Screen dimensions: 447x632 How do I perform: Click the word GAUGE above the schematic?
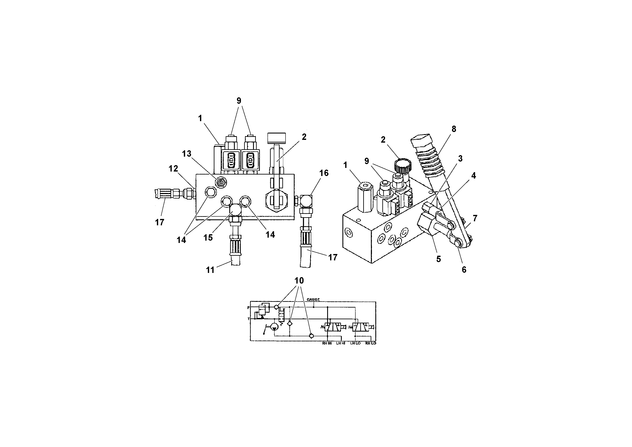coord(313,299)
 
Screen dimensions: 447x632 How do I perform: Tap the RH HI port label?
coord(327,343)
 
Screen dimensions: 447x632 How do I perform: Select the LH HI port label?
coord(341,343)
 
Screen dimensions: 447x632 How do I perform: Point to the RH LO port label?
coord(370,343)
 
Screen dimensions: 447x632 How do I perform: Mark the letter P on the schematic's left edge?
coord(248,307)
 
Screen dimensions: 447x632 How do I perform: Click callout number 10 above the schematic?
coord(299,281)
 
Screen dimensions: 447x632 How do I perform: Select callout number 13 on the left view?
coord(187,154)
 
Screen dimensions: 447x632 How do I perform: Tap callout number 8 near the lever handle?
coord(454,129)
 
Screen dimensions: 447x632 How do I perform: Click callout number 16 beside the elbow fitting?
coord(324,173)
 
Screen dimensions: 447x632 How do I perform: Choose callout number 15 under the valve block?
coord(208,238)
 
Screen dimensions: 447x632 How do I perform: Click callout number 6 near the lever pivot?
coord(464,270)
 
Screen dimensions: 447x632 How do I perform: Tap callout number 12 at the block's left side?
coord(173,168)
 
